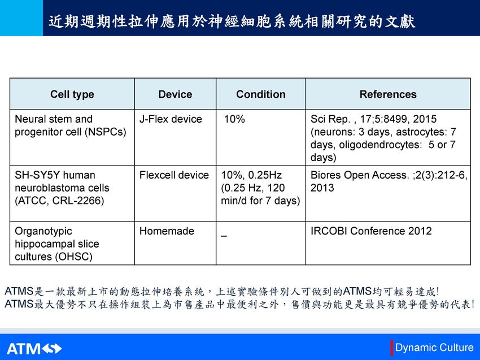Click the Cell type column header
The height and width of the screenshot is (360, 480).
72,94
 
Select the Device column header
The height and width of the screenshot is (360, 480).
175,94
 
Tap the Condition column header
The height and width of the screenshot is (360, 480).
261,94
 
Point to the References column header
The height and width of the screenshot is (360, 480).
388,94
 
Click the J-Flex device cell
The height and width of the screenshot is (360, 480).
171,119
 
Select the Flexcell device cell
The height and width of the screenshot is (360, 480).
174,175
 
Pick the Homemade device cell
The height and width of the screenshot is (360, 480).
167,231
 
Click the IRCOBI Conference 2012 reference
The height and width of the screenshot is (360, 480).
371,231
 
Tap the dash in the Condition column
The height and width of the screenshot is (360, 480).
224,236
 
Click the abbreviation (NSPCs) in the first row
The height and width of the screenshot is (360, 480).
105,132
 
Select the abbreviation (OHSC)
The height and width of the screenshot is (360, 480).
73,257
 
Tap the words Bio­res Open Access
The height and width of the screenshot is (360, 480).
360,175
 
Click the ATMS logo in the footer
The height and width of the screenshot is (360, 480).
34,349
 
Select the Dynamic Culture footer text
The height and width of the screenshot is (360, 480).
434,348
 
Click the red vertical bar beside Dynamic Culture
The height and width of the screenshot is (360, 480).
391,348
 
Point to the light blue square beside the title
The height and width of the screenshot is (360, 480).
21,18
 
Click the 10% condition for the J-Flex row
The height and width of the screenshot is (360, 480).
234,119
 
